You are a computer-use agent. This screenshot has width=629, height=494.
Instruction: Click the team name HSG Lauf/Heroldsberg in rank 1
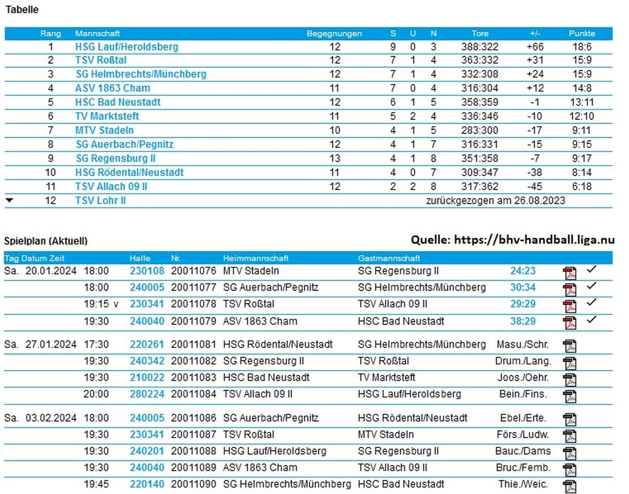coord(126,47)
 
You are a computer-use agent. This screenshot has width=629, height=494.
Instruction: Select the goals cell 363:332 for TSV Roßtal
coord(480,60)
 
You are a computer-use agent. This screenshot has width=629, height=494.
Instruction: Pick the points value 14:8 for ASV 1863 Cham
coord(582,88)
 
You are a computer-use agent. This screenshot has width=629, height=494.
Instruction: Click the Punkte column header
coord(582,34)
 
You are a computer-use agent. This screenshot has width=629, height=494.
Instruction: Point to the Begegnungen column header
coord(334,34)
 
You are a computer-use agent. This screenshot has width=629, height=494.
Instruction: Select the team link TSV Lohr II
coord(100,201)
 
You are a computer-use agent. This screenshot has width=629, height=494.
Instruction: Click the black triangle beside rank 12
coord(9,200)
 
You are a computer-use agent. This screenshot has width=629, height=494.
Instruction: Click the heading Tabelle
coord(21,9)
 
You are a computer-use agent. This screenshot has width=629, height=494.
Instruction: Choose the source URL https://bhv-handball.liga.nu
coord(534,240)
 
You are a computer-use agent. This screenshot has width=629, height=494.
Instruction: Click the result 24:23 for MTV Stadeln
coord(523,271)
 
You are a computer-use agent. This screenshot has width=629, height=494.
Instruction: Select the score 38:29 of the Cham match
coord(523,321)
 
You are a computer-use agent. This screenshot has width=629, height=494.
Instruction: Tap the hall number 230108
coord(147,271)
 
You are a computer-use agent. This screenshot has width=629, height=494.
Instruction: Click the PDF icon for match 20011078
coord(569,305)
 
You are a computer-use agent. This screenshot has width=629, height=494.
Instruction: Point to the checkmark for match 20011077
coord(592,286)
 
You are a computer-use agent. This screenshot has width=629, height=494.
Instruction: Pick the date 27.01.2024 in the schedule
coord(51,345)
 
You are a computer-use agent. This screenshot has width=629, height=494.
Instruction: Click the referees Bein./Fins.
coord(523,394)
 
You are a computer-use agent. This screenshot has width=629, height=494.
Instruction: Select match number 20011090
coord(193,484)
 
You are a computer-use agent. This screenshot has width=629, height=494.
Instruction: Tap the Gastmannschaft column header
coord(389,258)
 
